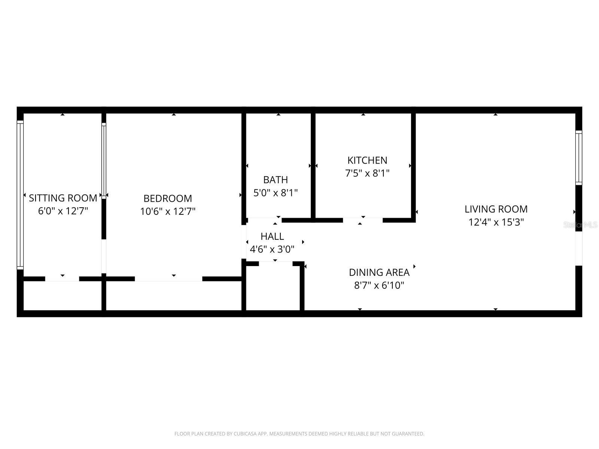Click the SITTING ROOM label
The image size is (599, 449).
pyautogui.click(x=63, y=198)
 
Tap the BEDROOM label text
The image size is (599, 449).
pyautogui.click(x=168, y=198)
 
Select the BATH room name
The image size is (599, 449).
pyautogui.click(x=276, y=180)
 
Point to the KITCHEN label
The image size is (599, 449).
pyautogui.click(x=367, y=161)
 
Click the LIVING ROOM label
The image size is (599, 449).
pyautogui.click(x=496, y=209)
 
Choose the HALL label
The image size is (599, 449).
pyautogui.click(x=272, y=236)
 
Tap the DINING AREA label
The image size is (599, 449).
pyautogui.click(x=379, y=272)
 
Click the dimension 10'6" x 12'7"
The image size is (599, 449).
pyautogui.click(x=168, y=212)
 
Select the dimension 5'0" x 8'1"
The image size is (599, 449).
pyautogui.click(x=276, y=193)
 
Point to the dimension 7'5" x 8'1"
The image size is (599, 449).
pyautogui.click(x=367, y=174)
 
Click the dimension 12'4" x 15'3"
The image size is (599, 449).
pyautogui.click(x=496, y=222)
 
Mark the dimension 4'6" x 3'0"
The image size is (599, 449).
pyautogui.click(x=272, y=249)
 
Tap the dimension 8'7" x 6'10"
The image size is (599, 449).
pyautogui.click(x=379, y=286)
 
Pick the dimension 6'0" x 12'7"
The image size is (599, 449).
pyautogui.click(x=63, y=211)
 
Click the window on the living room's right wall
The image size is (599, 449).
pyautogui.click(x=579, y=158)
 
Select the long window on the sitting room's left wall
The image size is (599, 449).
pyautogui.click(x=20, y=195)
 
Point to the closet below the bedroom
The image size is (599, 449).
pyautogui.click(x=174, y=296)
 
